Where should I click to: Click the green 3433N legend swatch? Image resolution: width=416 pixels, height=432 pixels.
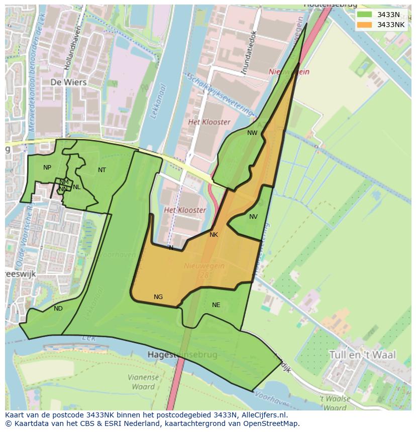pyautogui.click(x=365, y=15)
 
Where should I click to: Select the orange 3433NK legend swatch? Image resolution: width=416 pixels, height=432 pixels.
pyautogui.click(x=365, y=25)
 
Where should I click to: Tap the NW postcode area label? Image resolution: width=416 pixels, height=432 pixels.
pyautogui.click(x=252, y=133)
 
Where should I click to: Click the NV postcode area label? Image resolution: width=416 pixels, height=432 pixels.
pyautogui.click(x=253, y=217)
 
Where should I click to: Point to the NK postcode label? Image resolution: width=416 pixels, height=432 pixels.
pyautogui.click(x=214, y=235)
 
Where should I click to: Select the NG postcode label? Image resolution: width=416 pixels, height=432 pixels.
pyautogui.click(x=158, y=297)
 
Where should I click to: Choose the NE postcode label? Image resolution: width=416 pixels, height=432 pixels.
pyautogui.click(x=216, y=305)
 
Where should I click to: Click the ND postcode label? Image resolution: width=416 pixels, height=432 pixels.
pyautogui.click(x=58, y=309)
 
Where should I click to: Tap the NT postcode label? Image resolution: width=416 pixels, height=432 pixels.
pyautogui.click(x=102, y=170)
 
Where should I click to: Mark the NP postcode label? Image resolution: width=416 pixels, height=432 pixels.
pyautogui.click(x=47, y=168)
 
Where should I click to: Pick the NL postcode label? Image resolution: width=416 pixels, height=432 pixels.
pyautogui.click(x=76, y=187)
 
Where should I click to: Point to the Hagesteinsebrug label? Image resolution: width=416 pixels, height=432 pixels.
pyautogui.click(x=182, y=355)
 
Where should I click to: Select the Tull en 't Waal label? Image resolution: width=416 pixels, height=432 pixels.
pyautogui.click(x=362, y=355)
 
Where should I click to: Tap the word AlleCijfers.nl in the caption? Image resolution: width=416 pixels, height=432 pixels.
pyautogui.click(x=259, y=415)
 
